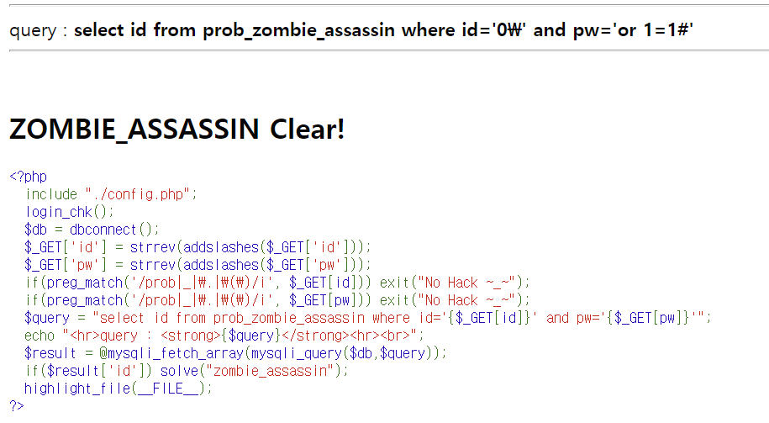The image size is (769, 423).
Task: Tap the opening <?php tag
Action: point(29,177)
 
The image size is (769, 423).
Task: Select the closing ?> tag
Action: point(17,405)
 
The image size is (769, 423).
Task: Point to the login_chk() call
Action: point(69,211)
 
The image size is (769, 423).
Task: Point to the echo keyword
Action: point(40,335)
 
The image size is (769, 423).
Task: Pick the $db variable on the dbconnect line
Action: point(36,229)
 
